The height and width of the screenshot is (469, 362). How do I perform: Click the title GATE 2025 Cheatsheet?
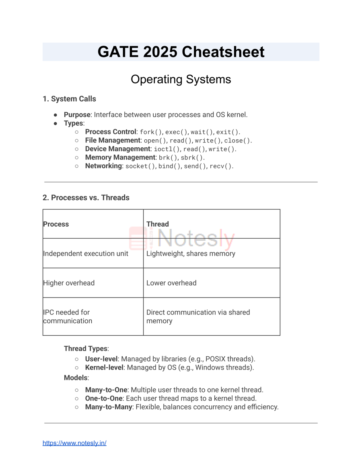[181, 52]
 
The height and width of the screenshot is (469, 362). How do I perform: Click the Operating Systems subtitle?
[181, 79]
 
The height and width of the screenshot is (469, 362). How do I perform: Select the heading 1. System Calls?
[69, 99]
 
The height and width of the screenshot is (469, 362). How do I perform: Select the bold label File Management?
[113, 140]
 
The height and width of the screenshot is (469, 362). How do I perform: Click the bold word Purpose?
[77, 115]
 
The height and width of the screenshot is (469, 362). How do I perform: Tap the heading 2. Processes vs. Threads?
[86, 198]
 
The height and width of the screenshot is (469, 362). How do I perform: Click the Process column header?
[56, 224]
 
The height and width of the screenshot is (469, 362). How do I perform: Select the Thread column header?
[158, 224]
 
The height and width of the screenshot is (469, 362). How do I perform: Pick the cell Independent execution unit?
[86, 254]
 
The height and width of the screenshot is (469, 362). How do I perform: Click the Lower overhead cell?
[171, 283]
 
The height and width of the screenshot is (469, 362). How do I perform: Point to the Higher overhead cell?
[69, 283]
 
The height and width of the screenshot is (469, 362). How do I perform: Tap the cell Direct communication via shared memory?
[198, 316]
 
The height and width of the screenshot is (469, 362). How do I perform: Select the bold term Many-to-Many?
[109, 407]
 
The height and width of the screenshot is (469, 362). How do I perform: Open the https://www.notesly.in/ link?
[74, 443]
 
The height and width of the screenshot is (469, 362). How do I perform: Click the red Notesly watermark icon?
[138, 238]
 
